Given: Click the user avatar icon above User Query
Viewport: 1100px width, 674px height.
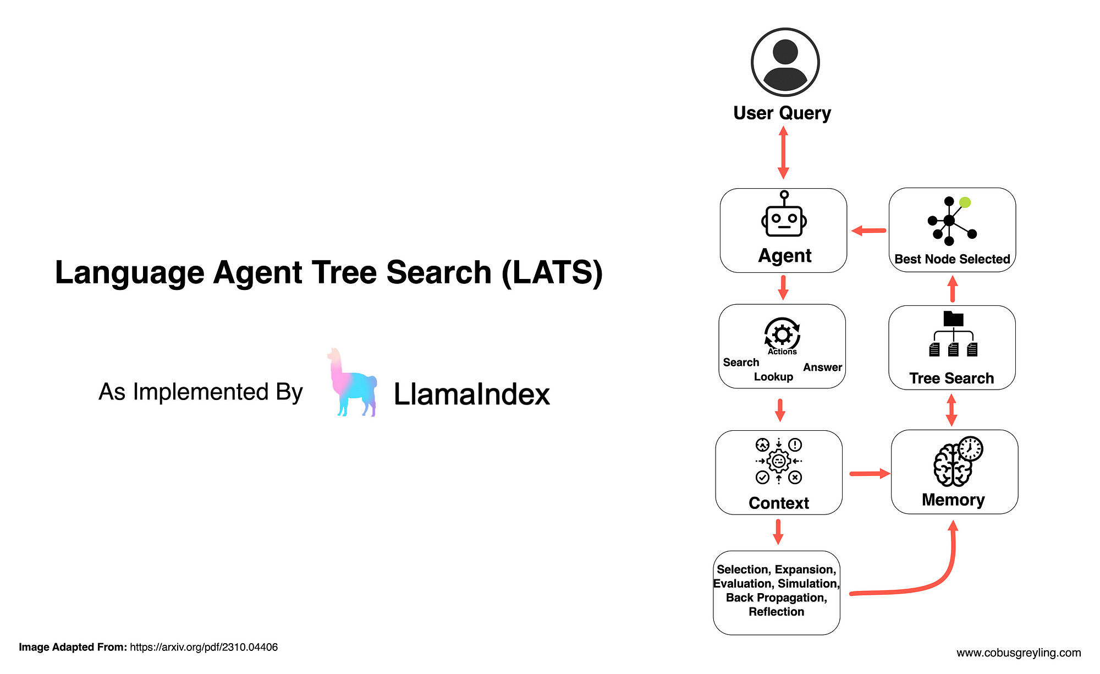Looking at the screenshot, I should tap(785, 62).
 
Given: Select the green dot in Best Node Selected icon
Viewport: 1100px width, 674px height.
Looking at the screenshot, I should tap(965, 202).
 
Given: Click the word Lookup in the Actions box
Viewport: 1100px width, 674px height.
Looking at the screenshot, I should tap(773, 377).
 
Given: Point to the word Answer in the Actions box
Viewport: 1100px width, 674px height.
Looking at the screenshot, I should tap(822, 367).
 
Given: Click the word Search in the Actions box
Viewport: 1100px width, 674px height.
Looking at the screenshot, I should tap(741, 362).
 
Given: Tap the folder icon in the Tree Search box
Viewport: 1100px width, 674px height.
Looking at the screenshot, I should tap(953, 319).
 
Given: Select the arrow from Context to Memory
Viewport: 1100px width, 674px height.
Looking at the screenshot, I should tap(869, 473).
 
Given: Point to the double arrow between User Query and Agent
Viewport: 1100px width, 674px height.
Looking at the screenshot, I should tap(783, 152).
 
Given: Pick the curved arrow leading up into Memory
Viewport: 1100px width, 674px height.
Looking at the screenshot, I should tap(935, 583).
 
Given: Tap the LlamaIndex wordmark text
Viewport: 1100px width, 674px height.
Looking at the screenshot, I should tap(471, 394).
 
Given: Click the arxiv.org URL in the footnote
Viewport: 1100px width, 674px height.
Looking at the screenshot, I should tap(204, 647).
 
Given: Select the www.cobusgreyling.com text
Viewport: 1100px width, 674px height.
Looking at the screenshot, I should tap(1018, 653).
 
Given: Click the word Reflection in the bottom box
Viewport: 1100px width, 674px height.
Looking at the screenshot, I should tap(776, 612).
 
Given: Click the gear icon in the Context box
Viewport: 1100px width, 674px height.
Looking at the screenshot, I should tap(778, 461).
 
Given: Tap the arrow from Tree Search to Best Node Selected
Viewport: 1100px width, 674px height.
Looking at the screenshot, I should tap(953, 289).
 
